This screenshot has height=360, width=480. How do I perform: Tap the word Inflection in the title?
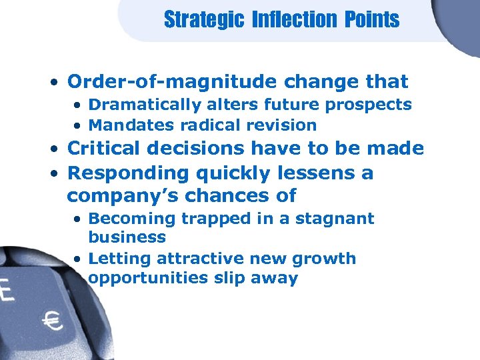tap(295, 19)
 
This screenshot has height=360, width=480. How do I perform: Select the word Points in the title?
tap(372, 19)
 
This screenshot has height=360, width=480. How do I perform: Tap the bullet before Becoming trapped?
tap(79, 219)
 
